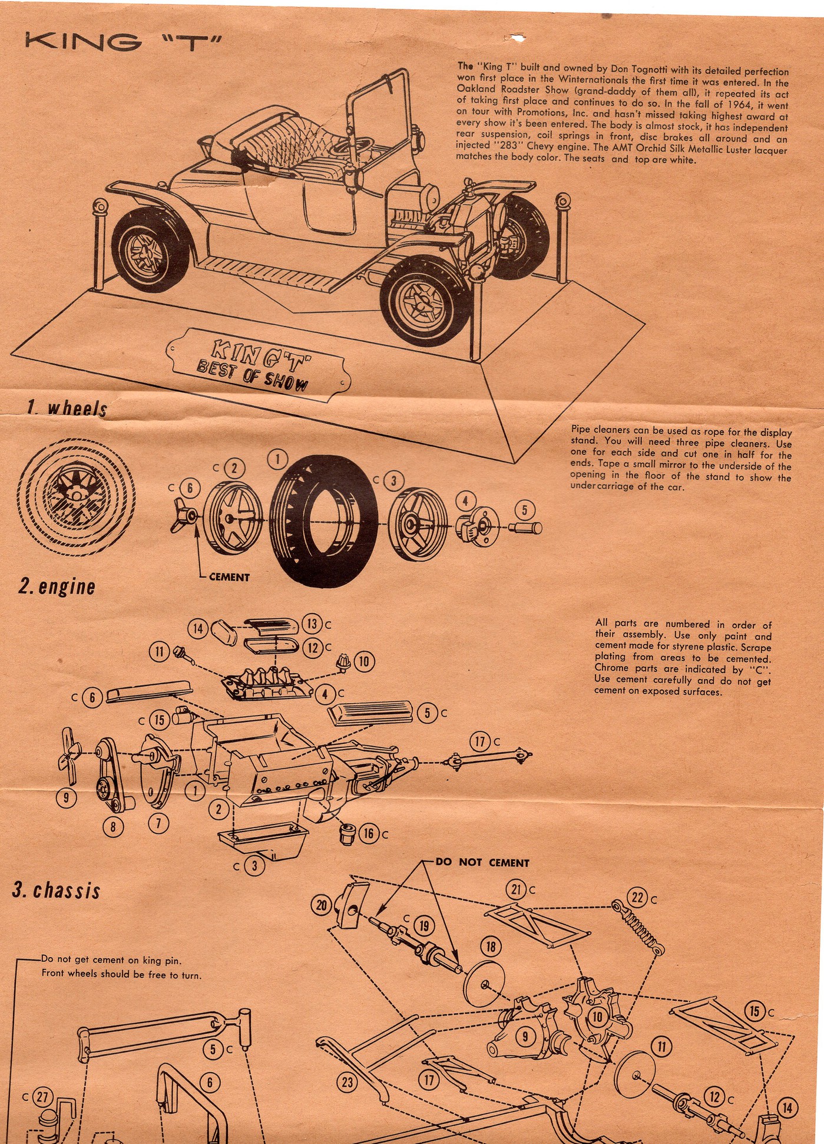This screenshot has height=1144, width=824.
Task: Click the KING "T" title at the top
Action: coord(123,43)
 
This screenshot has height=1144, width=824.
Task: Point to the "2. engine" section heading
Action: coord(57,586)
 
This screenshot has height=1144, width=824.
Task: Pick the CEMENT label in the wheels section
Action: coord(229,578)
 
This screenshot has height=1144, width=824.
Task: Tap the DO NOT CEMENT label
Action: coord(482,862)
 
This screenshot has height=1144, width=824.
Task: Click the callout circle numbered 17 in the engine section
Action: coord(480,741)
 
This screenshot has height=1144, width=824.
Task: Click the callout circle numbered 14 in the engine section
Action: coord(198,629)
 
